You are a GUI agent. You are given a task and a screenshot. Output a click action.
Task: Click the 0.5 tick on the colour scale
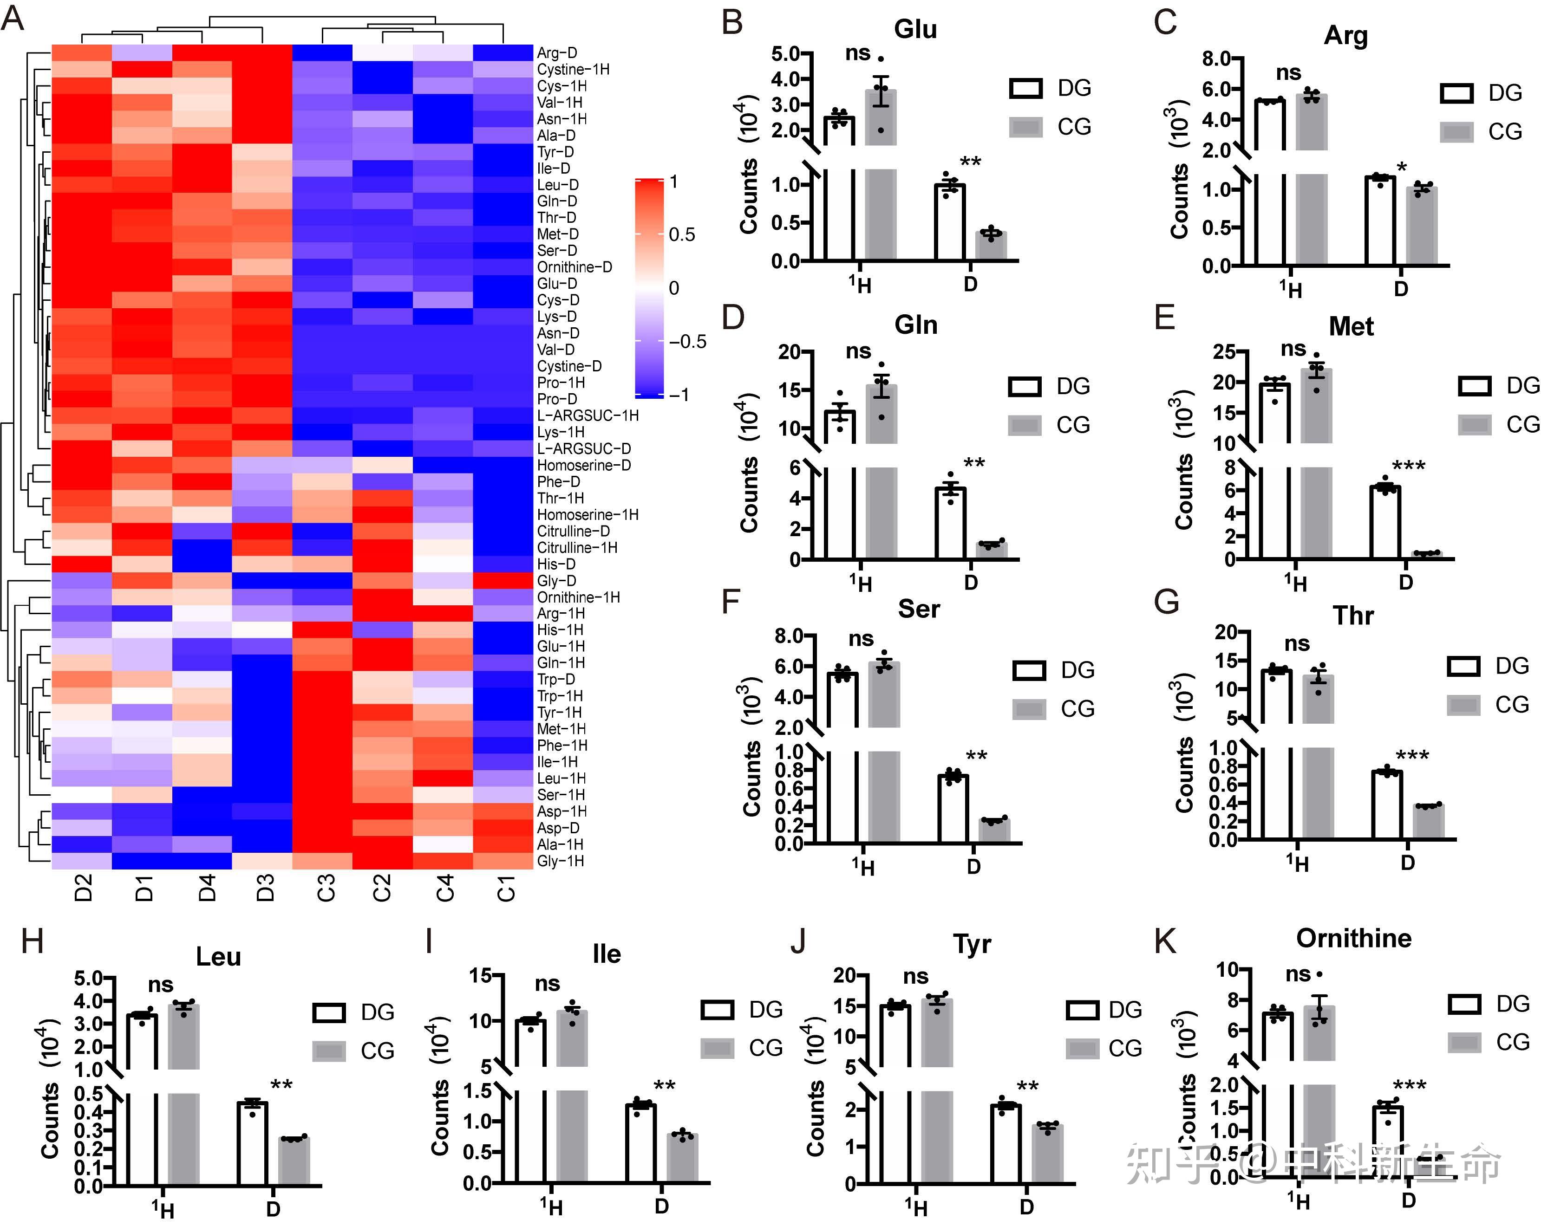pos(681,234)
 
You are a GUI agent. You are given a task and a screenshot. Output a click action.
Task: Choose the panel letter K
pos(1165,941)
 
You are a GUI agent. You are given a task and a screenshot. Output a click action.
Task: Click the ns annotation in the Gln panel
pos(858,351)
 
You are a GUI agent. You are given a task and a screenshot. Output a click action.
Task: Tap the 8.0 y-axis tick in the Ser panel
pos(788,636)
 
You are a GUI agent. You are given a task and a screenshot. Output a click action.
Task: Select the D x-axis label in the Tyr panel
pos(1026,1207)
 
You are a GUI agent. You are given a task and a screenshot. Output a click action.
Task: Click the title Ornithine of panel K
pos(1354,938)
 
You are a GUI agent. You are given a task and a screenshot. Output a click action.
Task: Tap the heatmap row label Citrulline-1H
pos(577,547)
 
